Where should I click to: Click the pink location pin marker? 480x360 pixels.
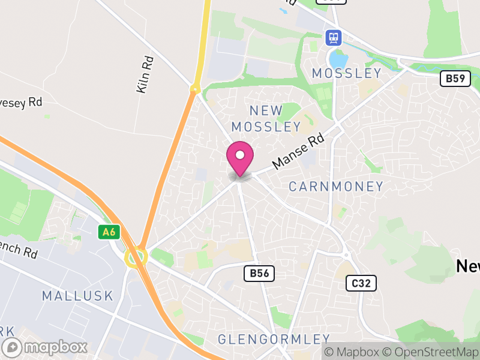point(240,157)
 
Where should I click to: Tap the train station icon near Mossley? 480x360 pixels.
point(333,38)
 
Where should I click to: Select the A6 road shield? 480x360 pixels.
point(107,231)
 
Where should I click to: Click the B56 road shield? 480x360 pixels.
point(259,274)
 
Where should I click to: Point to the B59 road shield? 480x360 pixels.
point(455,79)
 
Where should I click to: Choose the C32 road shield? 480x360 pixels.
point(361,283)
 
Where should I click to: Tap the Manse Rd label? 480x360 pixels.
point(298,151)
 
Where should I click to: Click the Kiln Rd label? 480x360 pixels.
point(145,74)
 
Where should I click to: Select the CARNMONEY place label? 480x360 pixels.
point(335,187)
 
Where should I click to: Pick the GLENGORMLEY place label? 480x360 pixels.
point(274,339)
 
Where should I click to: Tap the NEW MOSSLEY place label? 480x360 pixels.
point(266,118)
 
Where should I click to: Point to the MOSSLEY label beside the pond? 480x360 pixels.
point(346,73)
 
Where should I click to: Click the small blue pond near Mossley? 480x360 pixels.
point(338,59)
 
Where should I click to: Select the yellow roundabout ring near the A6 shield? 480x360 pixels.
point(136,257)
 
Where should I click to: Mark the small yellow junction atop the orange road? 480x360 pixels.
point(194,89)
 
